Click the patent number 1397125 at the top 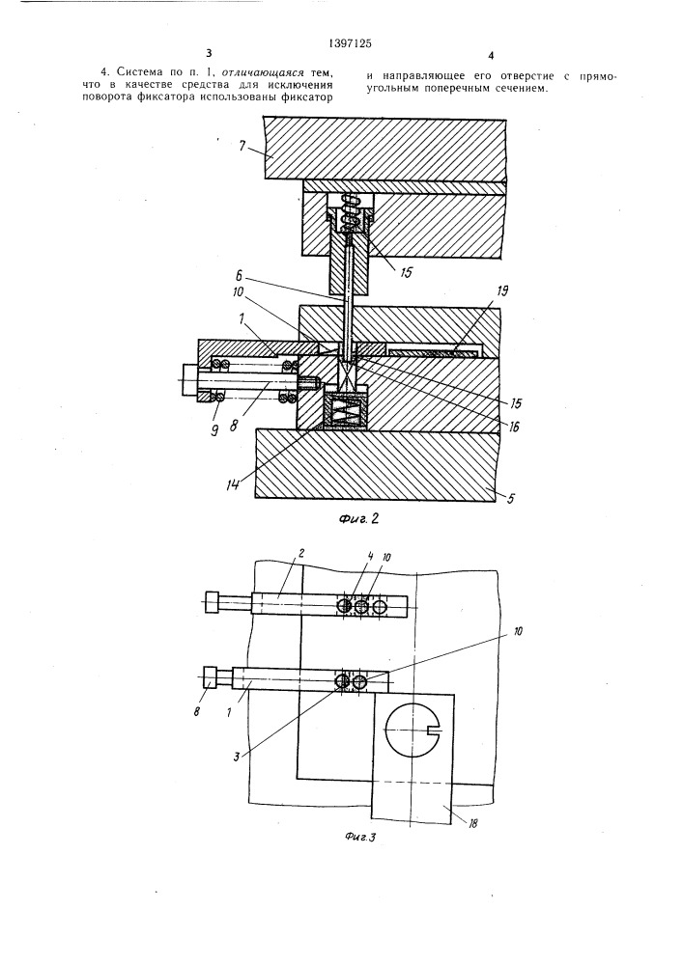(x=350, y=43)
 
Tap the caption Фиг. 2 (x=357, y=517)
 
